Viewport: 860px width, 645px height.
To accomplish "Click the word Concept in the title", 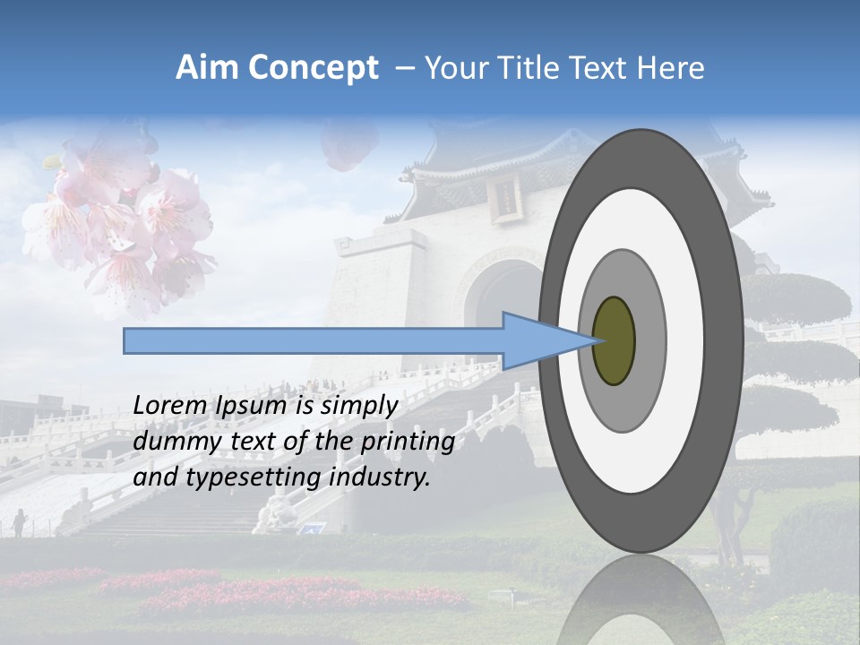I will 314,68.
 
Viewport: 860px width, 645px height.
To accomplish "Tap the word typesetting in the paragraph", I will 239,477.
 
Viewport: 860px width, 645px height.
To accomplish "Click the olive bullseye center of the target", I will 614,340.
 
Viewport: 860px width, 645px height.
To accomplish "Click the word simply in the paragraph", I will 358,406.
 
